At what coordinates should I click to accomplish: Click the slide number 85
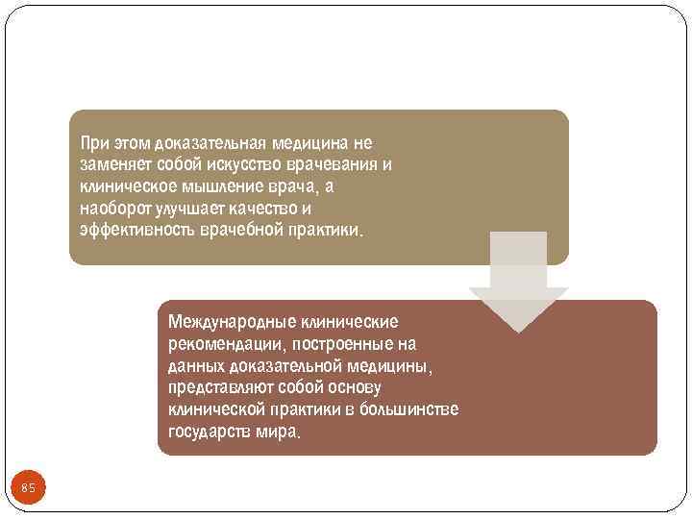28,489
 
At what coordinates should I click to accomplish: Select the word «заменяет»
115,164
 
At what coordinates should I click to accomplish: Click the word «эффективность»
138,231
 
